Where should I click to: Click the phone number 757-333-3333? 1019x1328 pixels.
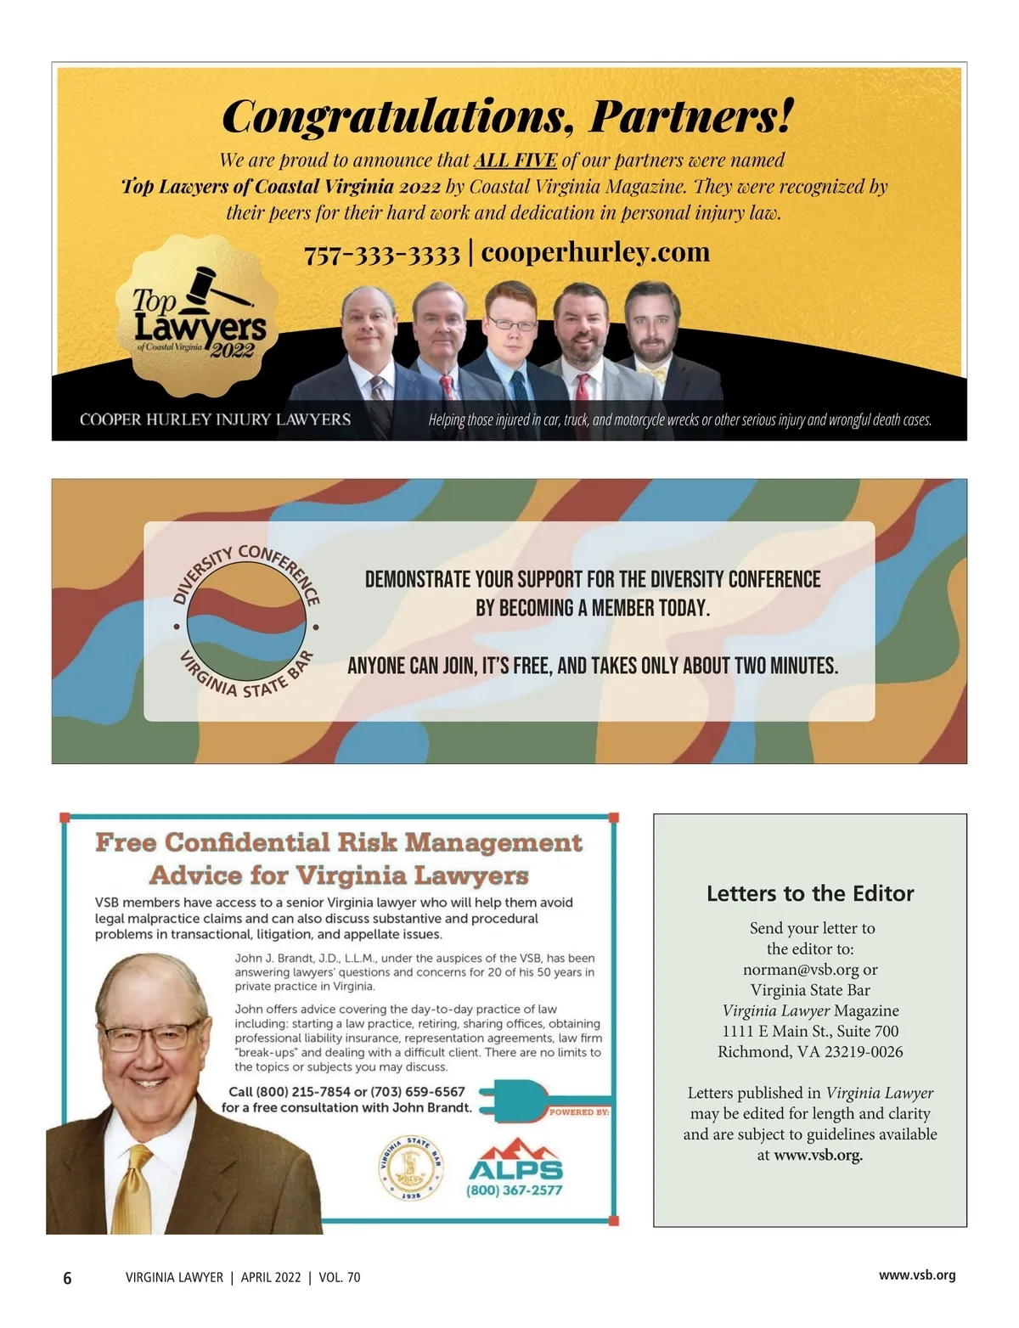pyautogui.click(x=382, y=254)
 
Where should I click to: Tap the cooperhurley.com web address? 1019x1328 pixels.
pyautogui.click(x=595, y=252)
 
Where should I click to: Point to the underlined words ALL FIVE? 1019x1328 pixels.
pyautogui.click(x=515, y=160)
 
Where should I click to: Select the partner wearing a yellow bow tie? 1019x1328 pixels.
pyautogui.click(x=653, y=340)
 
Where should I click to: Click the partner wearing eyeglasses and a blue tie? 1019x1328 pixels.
pyautogui.click(x=511, y=340)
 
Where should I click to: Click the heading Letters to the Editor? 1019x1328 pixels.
pyautogui.click(x=810, y=893)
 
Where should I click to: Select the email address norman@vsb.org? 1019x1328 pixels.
pyautogui.click(x=801, y=970)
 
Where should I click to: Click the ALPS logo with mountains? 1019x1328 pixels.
pyautogui.click(x=515, y=1162)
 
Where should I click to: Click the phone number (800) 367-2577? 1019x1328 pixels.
pyautogui.click(x=515, y=1190)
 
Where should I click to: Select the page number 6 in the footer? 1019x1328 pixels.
pyautogui.click(x=68, y=1278)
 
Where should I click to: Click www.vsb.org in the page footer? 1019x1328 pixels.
pyautogui.click(x=917, y=1275)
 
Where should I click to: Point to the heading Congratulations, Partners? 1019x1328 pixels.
pyautogui.click(x=508, y=116)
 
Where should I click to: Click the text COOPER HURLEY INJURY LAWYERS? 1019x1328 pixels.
pyautogui.click(x=215, y=419)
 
